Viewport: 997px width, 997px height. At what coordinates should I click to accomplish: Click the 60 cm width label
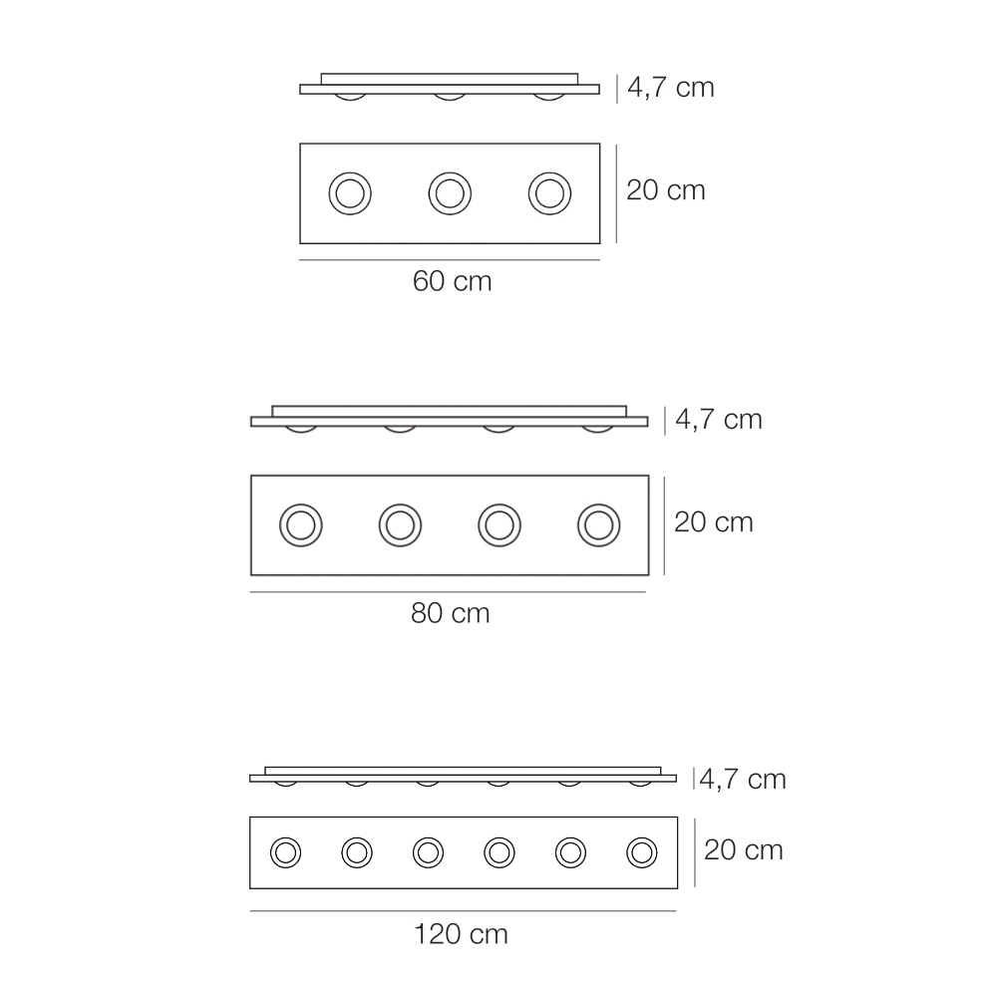point(452,282)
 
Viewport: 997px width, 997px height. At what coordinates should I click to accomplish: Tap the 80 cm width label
point(451,613)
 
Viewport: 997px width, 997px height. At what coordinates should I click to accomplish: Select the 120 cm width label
point(461,935)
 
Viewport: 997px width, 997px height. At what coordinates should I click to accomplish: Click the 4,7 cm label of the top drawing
point(671,88)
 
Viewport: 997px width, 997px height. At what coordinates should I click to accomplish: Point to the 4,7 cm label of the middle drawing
point(719,420)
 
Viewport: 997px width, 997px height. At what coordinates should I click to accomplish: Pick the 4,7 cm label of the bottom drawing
point(743,780)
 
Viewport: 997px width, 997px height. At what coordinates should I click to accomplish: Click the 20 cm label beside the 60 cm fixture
point(666,190)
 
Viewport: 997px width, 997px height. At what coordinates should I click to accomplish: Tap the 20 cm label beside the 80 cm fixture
point(714,522)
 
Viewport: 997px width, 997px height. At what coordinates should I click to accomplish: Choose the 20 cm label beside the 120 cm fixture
point(744,850)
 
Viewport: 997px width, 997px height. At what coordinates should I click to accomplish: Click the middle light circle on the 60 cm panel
point(450,171)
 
